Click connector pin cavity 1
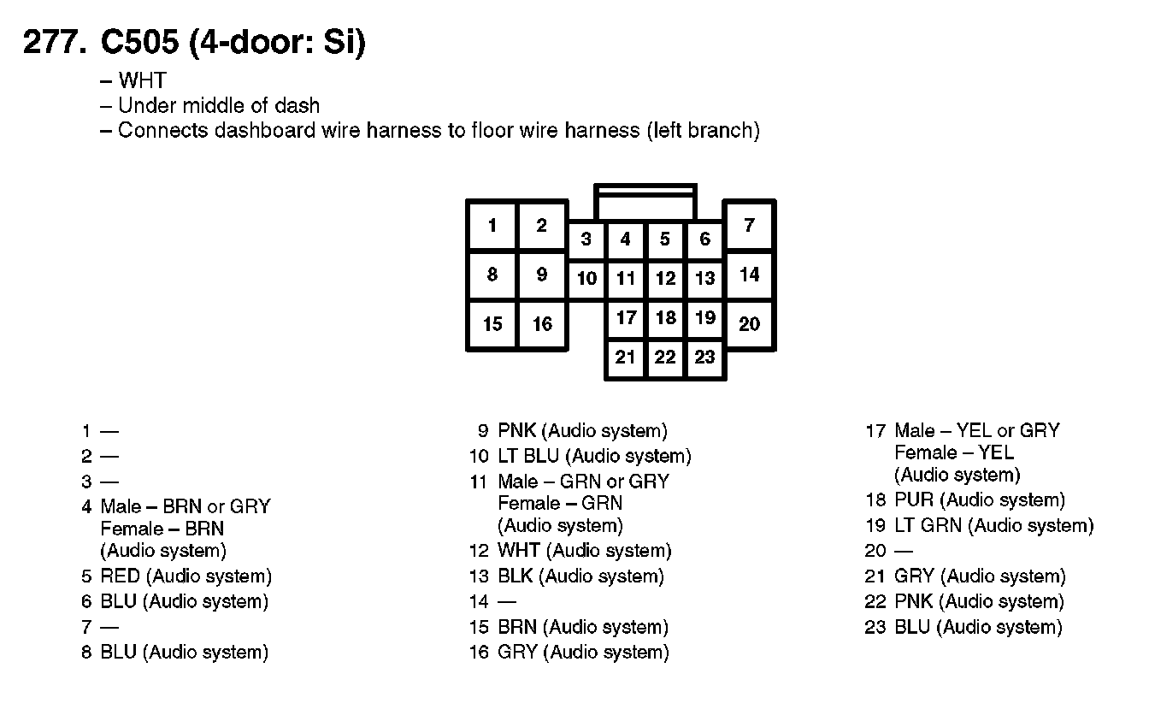492,226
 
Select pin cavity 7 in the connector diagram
750,226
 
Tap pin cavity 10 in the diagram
586,278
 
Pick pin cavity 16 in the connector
543,324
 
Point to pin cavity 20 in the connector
750,324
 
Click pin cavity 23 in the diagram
704,357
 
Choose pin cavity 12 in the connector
665,278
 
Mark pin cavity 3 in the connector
586,239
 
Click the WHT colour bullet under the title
142,81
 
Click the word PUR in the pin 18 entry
914,500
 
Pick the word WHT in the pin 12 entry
518,551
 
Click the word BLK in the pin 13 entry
516,576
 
